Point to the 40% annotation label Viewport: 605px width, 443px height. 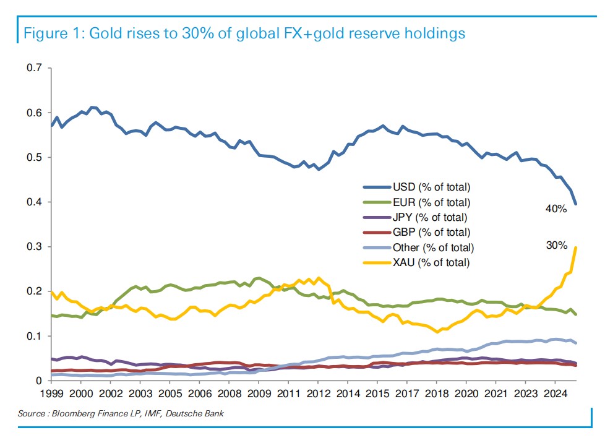(556, 209)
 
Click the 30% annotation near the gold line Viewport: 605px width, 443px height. (556, 246)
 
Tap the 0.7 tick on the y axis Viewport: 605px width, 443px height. (34, 68)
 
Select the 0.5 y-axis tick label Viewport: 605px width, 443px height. (34, 157)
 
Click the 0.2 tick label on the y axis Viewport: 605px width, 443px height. (34, 291)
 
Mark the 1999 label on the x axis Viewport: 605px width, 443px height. (51, 394)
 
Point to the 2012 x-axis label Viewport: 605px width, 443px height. (318, 394)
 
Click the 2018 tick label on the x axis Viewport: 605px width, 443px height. (437, 394)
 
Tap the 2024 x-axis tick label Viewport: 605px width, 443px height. (556, 394)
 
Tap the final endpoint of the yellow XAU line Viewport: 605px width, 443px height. (577, 247)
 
